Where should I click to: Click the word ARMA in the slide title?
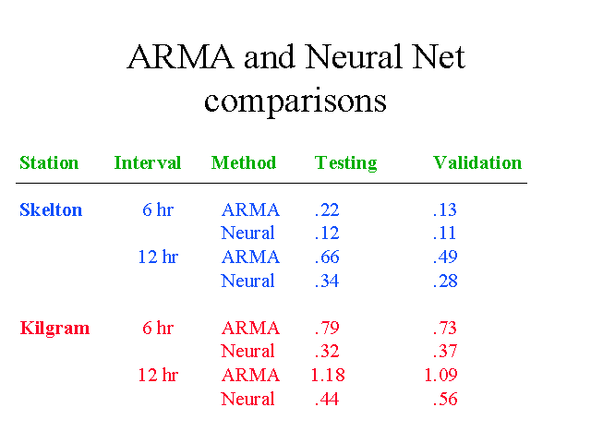tap(181, 57)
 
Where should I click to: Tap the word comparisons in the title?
tap(295, 101)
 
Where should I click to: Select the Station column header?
tap(49, 162)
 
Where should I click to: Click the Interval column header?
tap(148, 162)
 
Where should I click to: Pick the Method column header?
tap(244, 162)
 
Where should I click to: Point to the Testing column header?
tap(346, 163)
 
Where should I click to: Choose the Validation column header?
tap(477, 162)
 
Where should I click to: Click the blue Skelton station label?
tap(51, 210)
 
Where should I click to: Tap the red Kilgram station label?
tap(54, 329)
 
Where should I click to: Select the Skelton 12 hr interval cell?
tap(158, 257)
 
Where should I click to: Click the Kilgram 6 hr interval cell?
tap(158, 328)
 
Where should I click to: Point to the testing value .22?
tap(327, 210)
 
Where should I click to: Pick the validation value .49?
tap(445, 257)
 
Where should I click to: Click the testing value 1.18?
tap(328, 375)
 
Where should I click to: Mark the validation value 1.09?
tap(441, 375)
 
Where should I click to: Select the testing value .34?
tap(327, 281)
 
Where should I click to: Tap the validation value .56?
tap(445, 399)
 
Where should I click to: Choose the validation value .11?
tap(445, 233)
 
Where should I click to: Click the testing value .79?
tap(327, 328)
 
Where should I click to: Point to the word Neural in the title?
tap(354, 57)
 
